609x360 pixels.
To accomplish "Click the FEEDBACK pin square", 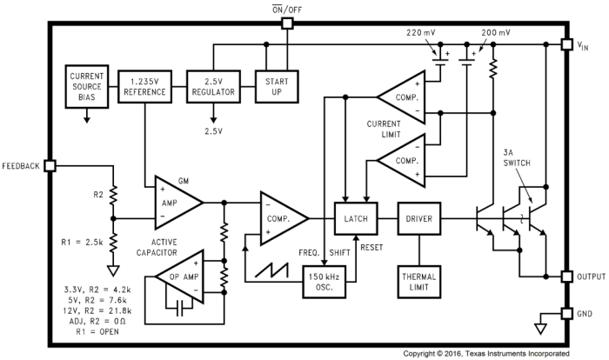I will pyautogui.click(x=50, y=165).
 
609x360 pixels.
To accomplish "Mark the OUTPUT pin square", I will pyautogui.click(x=564, y=277).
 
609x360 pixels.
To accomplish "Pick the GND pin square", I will pyautogui.click(x=564, y=313).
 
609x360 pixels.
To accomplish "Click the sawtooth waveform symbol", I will pyautogui.click(x=276, y=268).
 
